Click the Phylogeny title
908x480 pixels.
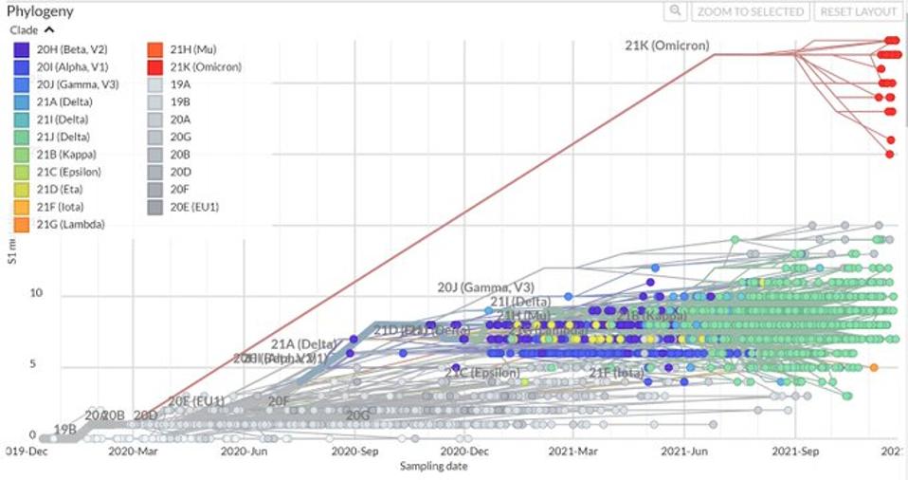pyautogui.click(x=40, y=11)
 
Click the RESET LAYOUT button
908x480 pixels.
pyautogui.click(x=859, y=11)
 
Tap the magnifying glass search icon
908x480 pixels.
pyautogui.click(x=675, y=11)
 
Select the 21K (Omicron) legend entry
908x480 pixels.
pyautogui.click(x=206, y=67)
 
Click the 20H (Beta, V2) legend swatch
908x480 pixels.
pyautogui.click(x=21, y=49)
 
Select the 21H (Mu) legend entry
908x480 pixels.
pyautogui.click(x=193, y=49)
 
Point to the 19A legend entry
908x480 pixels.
pyautogui.click(x=181, y=84)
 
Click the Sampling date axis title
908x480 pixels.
pyautogui.click(x=433, y=466)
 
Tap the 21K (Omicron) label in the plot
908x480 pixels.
pyautogui.click(x=666, y=46)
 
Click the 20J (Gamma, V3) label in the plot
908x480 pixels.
pyautogui.click(x=486, y=286)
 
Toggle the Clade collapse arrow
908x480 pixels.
pyautogui.click(x=49, y=29)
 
